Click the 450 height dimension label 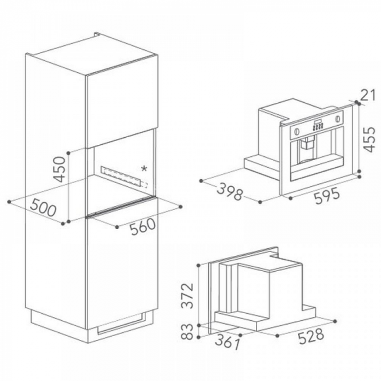[60, 169]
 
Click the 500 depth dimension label [44, 207]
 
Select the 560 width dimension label [143, 227]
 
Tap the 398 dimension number [230, 191]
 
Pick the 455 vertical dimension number [370, 139]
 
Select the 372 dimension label [187, 295]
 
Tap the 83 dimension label [187, 331]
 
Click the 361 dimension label [228, 342]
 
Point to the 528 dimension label [311, 336]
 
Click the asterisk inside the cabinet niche [144, 168]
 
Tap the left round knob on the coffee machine [296, 131]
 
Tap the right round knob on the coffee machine [338, 119]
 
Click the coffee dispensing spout [307, 143]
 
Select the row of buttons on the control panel [318, 127]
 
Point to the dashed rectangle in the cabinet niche [125, 177]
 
